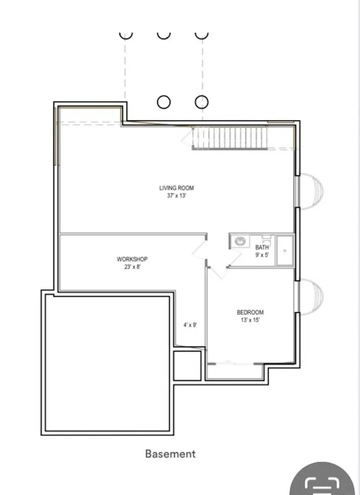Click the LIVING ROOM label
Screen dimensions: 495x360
176,188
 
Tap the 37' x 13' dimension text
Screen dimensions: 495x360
176,196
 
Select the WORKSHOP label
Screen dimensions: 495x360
132,259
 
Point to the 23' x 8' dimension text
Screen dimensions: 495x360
132,267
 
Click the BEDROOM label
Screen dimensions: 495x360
250,312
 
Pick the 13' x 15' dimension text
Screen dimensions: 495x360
250,320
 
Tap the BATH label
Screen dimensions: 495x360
262,247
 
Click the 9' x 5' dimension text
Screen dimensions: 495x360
262,255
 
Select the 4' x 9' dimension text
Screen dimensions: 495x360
190,325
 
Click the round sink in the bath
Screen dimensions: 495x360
240,242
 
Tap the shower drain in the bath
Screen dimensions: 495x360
285,251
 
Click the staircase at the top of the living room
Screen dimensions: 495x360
230,138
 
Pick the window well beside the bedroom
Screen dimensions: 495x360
311,297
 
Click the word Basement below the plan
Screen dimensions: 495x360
170,454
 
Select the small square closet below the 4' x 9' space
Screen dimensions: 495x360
187,366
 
